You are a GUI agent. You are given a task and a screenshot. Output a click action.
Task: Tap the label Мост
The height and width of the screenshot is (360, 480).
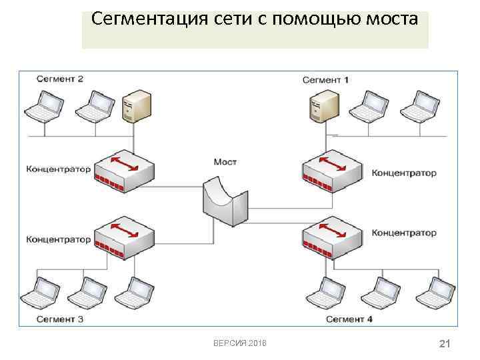225,162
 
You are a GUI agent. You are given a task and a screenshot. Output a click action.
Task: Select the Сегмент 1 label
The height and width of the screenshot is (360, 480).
325,80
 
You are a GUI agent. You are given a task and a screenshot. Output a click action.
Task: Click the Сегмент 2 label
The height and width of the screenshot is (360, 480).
60,79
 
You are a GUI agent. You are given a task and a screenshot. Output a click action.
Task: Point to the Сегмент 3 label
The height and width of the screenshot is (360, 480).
60,319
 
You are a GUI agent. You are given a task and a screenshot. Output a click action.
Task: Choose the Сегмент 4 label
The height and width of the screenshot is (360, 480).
349,319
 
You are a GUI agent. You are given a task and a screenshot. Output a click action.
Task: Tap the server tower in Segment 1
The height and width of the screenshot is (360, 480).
322,107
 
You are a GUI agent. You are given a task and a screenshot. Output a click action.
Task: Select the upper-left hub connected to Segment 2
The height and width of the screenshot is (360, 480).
123,169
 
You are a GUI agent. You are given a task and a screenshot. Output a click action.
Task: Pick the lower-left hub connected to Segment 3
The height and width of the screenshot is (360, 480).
123,238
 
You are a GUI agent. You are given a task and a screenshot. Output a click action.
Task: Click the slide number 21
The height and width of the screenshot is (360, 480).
445,343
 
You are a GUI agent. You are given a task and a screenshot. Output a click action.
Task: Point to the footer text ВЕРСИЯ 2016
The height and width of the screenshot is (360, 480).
239,343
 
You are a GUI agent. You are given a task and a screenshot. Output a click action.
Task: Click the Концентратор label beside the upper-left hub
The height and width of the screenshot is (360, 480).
59,169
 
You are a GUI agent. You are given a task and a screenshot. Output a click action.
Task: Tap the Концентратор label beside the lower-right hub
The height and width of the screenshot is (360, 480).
404,233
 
